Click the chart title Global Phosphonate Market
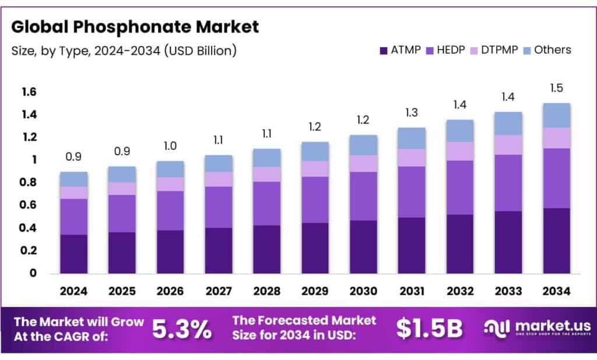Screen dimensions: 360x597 [x=135, y=26]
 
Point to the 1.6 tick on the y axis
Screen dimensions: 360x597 [x=29, y=92]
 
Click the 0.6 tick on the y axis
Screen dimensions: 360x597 [x=29, y=205]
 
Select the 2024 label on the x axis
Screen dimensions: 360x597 [x=74, y=291]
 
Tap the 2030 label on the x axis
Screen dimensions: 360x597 [x=363, y=291]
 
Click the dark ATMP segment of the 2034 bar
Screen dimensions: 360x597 [x=556, y=240]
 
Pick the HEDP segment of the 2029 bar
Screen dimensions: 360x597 [x=315, y=200]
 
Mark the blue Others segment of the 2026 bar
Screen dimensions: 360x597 [x=170, y=169]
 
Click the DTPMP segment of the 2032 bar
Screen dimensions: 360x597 [x=459, y=151]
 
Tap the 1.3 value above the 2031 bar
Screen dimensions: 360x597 [x=412, y=113]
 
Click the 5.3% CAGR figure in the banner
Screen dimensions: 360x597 [x=182, y=330]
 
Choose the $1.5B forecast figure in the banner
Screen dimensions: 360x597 [x=429, y=330]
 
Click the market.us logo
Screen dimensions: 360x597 [x=537, y=328]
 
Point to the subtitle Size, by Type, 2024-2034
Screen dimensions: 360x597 [x=124, y=50]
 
